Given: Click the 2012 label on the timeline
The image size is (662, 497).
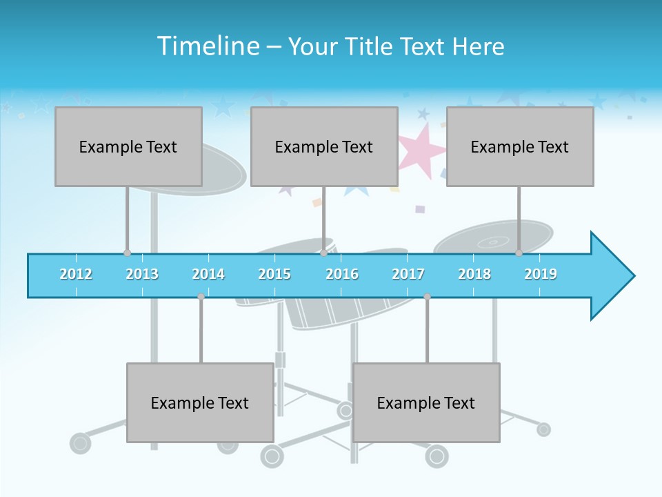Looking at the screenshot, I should click(x=76, y=274).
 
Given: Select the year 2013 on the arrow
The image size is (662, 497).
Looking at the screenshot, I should click(x=142, y=274).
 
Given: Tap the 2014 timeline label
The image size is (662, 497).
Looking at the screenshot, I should click(x=208, y=274).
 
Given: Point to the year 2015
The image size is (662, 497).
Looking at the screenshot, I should click(x=274, y=274).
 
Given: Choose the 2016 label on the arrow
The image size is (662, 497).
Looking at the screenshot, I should click(x=342, y=274).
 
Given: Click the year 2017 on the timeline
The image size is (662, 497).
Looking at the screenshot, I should click(x=408, y=274).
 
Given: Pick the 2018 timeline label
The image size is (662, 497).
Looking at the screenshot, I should click(x=474, y=274).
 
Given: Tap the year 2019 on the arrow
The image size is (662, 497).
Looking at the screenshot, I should click(x=541, y=274).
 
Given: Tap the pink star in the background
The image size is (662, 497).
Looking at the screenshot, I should click(x=421, y=148).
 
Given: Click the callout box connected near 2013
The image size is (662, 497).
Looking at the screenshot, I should click(x=128, y=146).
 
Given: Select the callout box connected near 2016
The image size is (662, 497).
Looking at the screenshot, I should click(x=324, y=146).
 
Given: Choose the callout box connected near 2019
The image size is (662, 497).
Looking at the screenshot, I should click(x=520, y=146).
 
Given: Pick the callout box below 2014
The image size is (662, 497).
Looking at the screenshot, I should click(x=200, y=402).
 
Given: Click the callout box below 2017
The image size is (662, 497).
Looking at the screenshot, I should click(x=426, y=402).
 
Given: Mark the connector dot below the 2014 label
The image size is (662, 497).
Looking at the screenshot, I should click(x=201, y=296).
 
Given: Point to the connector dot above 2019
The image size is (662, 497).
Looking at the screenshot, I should click(x=519, y=253).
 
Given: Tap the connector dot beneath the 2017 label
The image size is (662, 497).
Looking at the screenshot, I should click(x=427, y=296).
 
